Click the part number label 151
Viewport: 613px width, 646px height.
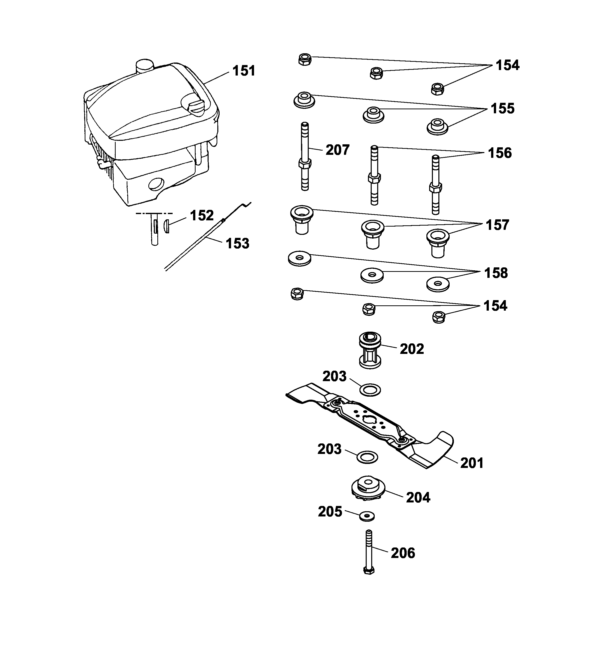coord(244,71)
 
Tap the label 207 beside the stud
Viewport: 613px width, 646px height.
coord(337,150)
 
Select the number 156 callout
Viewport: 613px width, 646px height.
coord(500,153)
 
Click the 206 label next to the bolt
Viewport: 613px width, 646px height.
coord(403,553)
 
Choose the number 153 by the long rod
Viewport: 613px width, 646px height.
coord(238,244)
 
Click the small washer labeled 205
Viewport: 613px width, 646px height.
coord(367,516)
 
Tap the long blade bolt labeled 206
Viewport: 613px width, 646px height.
coord(369,553)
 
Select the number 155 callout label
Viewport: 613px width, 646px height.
coord(503,109)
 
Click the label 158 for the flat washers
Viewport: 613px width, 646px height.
coord(496,273)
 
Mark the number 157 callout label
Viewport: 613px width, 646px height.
coord(497,225)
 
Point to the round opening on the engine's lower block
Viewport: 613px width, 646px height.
coord(155,185)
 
